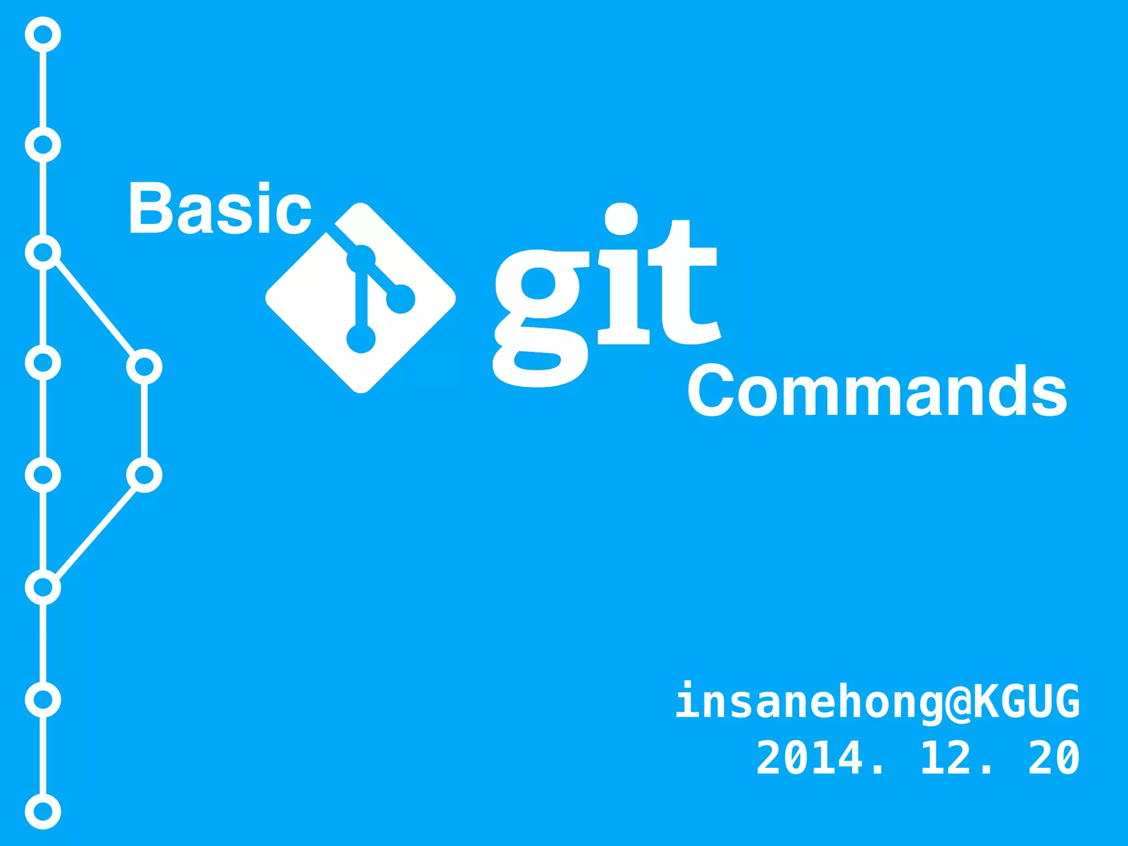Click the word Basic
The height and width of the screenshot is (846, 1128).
(220, 208)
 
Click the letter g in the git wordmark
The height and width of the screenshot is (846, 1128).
(540, 317)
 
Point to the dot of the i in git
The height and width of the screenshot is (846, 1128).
(621, 219)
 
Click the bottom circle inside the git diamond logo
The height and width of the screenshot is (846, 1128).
(361, 338)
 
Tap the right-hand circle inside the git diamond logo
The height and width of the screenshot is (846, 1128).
(400, 299)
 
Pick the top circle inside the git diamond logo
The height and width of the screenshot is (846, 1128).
(361, 259)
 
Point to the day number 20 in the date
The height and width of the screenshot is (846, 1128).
(1054, 758)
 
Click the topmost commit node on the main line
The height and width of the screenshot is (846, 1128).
(43, 34)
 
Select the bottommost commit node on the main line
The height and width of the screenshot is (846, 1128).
(43, 811)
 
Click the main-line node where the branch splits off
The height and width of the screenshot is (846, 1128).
(43, 252)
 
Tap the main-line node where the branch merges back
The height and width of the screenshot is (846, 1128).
(43, 587)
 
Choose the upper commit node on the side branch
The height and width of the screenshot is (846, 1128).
(144, 366)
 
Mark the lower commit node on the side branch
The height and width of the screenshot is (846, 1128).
(144, 475)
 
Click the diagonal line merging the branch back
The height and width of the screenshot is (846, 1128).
(95, 531)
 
